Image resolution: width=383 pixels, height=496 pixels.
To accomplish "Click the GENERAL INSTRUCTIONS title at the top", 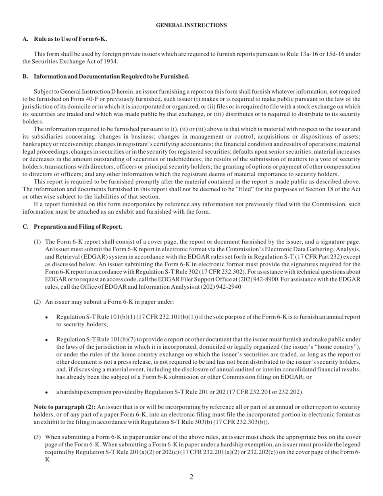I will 191,25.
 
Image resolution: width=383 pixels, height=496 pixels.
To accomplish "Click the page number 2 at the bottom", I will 191,477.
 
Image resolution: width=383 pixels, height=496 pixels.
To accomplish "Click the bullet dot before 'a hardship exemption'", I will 47,392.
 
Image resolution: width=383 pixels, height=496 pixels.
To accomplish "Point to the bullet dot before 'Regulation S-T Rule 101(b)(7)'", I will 47,340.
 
